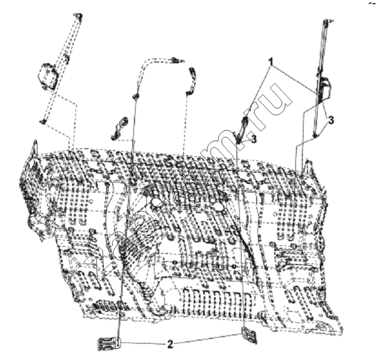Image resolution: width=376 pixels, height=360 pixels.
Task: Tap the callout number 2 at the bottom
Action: point(170,344)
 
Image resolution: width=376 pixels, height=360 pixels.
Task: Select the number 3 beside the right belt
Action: point(331,120)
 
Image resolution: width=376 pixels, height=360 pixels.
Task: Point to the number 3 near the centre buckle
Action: point(254,139)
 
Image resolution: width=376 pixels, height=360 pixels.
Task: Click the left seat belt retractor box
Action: point(48,76)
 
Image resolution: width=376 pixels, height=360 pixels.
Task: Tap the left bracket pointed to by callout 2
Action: point(109,344)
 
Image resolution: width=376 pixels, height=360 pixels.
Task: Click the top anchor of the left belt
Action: point(78,16)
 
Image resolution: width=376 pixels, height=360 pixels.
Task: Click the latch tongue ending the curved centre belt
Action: point(177,60)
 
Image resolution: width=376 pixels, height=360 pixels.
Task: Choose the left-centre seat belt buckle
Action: point(119,128)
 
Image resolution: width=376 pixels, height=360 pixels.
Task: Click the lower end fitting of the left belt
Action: point(43,121)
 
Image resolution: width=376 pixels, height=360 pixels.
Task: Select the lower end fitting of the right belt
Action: point(316,136)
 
